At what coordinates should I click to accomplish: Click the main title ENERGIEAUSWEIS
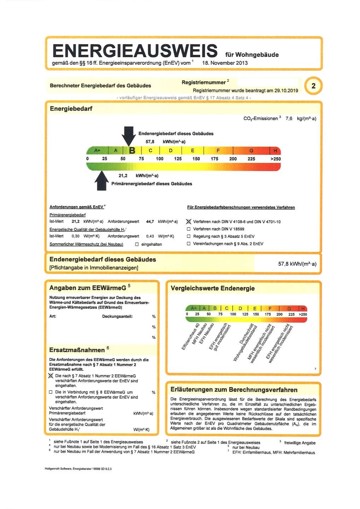coord(135,51)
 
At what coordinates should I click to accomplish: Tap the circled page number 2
coord(313,86)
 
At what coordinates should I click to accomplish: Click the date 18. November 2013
coord(225,63)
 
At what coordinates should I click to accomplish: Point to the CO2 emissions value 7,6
coord(289,118)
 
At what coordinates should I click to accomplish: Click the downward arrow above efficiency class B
coord(128,136)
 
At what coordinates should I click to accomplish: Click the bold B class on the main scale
coord(132,151)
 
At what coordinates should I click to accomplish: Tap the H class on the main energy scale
coord(275,151)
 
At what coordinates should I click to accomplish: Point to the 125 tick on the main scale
coord(178,159)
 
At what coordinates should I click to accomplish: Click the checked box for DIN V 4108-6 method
coord(188,222)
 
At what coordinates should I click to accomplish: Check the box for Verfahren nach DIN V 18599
coord(188,229)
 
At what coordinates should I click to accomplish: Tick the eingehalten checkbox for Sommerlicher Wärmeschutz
coord(137,244)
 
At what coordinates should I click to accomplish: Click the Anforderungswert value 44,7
coord(150,222)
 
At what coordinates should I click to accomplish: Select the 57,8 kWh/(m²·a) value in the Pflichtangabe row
coord(297,264)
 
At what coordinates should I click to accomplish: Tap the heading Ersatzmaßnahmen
coord(77,350)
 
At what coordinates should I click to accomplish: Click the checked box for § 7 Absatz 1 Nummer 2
coord(51,376)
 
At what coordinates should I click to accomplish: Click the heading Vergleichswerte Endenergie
coord(213,288)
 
